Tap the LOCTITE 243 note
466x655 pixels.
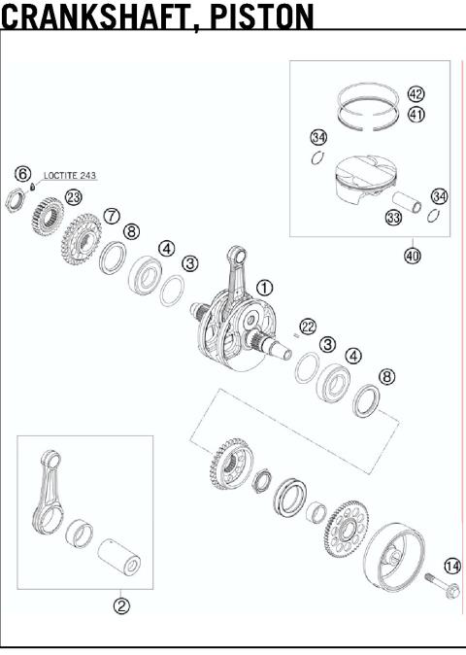(x=70, y=177)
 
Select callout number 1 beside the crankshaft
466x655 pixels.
(x=265, y=288)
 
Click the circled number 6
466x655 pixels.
(x=22, y=173)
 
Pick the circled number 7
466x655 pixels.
(x=112, y=215)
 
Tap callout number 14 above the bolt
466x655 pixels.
(x=452, y=566)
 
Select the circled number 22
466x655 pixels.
(x=308, y=327)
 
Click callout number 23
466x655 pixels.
(x=74, y=197)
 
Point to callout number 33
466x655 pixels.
(x=393, y=219)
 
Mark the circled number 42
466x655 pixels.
(x=416, y=94)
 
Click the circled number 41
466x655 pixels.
(x=416, y=114)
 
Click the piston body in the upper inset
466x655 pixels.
(x=359, y=185)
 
